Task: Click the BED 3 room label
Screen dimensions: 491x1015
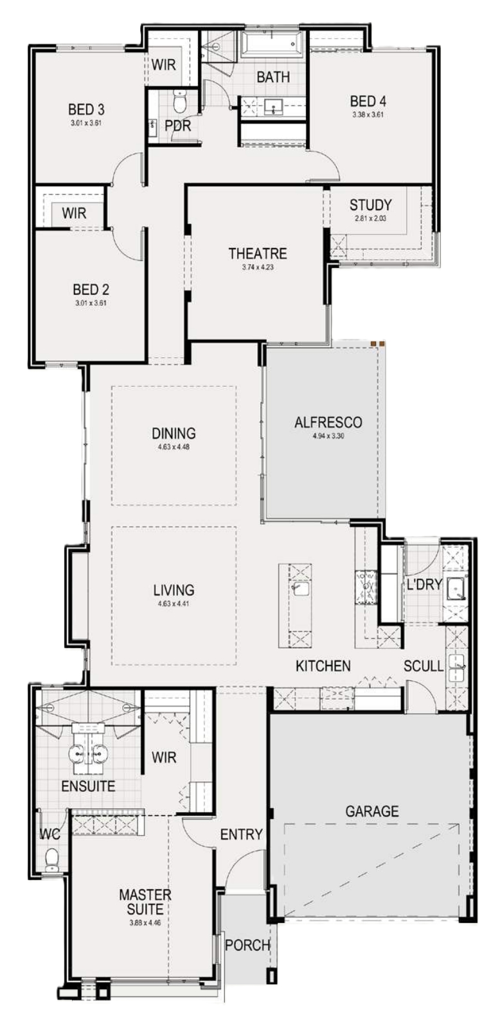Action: [86, 109]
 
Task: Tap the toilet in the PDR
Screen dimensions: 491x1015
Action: [180, 101]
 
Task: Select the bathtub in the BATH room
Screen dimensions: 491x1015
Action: [272, 46]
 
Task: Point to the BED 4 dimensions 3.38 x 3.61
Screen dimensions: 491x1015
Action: [368, 114]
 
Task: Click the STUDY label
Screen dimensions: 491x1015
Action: [370, 206]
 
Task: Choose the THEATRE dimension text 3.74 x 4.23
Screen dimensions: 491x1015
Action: [258, 267]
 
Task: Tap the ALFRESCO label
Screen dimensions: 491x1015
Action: [328, 422]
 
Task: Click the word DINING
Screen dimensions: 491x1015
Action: [174, 433]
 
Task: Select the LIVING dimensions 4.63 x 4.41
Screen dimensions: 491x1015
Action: [174, 603]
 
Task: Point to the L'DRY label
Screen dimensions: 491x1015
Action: [424, 585]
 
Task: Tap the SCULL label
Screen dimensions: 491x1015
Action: [424, 666]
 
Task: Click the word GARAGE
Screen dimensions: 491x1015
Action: [372, 811]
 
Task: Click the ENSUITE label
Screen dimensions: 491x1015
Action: [88, 786]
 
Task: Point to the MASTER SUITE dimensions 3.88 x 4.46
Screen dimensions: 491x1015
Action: [145, 922]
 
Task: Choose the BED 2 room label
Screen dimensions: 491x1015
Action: [91, 289]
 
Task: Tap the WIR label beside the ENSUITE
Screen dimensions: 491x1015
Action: [164, 757]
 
